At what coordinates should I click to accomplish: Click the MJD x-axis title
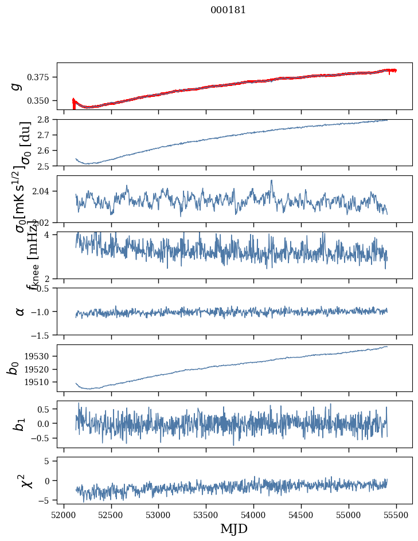point(234,528)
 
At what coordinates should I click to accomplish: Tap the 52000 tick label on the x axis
point(64,515)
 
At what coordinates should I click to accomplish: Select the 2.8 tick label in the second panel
point(45,119)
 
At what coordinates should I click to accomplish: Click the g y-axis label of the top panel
point(17,86)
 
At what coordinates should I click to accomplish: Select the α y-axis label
point(19,311)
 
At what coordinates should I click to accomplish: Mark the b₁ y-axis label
point(19,424)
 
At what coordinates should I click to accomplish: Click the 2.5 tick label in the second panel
point(45,166)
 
